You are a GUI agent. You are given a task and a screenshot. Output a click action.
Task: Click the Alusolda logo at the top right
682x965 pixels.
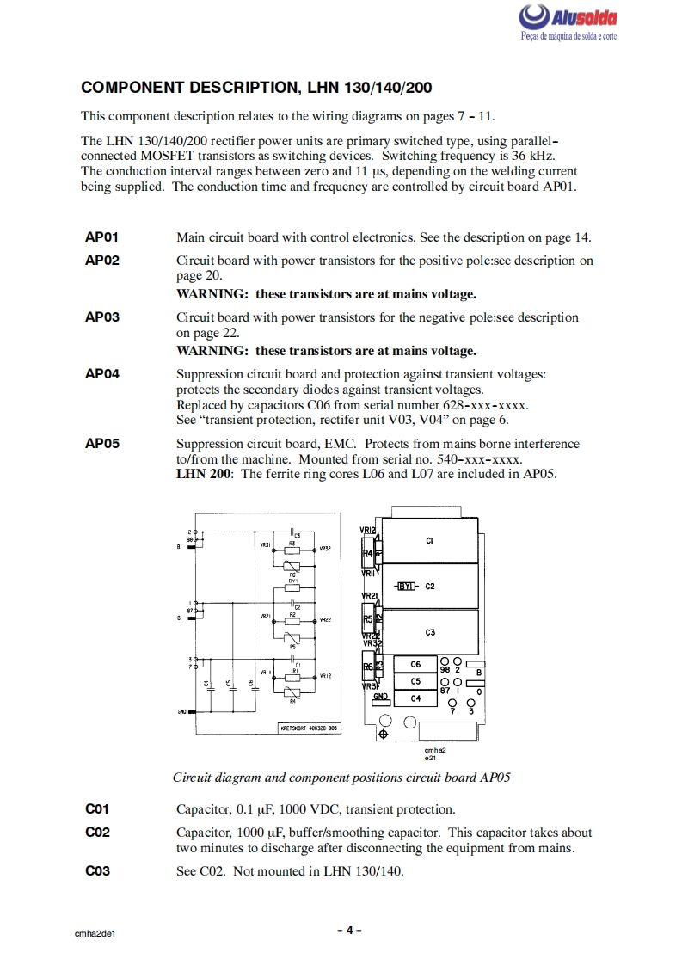click(x=568, y=22)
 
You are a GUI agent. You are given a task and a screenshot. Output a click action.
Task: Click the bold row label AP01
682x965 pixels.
click(x=101, y=237)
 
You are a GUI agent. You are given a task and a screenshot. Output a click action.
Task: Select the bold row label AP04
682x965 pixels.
click(x=101, y=374)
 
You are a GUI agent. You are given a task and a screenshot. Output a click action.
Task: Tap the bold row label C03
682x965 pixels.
click(x=97, y=870)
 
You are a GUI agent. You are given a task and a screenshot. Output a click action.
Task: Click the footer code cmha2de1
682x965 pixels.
click(x=95, y=932)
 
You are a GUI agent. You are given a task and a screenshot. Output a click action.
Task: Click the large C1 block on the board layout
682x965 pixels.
click(x=429, y=541)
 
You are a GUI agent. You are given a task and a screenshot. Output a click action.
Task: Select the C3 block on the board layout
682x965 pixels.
click(x=429, y=632)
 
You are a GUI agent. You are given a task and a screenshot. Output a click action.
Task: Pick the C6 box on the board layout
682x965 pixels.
click(x=415, y=664)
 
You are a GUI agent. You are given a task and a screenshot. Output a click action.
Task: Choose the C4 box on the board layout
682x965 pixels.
click(x=415, y=699)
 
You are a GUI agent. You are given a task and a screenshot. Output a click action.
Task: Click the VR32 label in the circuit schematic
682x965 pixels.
click(x=325, y=548)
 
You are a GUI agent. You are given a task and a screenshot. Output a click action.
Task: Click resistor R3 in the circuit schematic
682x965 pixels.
click(x=292, y=544)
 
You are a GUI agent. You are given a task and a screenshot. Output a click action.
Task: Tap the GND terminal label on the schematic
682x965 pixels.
click(x=181, y=712)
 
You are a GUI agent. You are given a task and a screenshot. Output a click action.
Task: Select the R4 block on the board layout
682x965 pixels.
click(x=368, y=553)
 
